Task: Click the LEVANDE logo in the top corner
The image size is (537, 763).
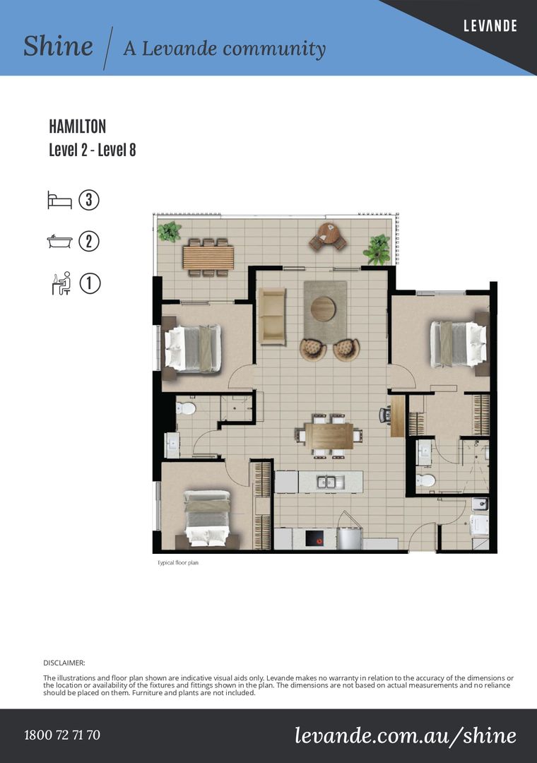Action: click(x=490, y=25)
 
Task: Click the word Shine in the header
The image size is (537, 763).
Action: click(x=58, y=46)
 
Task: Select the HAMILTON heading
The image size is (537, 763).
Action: click(x=78, y=126)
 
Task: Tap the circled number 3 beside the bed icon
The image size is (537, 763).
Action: click(x=88, y=200)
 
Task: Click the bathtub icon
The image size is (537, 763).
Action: click(x=59, y=242)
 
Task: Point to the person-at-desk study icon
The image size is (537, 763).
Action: click(x=61, y=283)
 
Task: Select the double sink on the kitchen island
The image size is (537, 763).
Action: click(x=331, y=483)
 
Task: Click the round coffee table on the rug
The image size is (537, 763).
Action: click(x=323, y=309)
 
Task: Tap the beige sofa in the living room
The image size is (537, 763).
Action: click(x=272, y=317)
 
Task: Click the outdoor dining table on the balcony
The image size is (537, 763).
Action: click(x=208, y=258)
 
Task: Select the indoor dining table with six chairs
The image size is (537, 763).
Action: click(x=329, y=436)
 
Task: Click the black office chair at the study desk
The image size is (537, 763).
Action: click(x=385, y=415)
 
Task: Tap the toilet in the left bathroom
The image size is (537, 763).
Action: click(x=185, y=408)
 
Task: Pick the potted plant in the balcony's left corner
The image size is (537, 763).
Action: click(x=169, y=232)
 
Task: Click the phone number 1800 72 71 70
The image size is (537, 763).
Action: click(x=62, y=734)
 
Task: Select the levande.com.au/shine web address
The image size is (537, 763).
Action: click(x=406, y=735)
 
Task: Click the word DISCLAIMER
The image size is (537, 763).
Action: click(x=64, y=663)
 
